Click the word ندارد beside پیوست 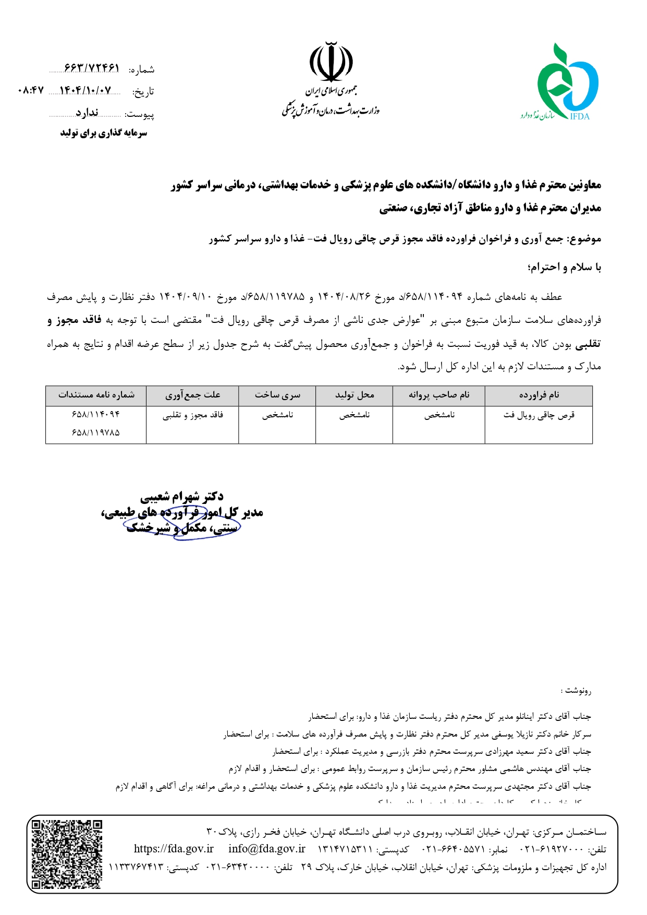tap(87, 113)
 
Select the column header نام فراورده tap(539, 395)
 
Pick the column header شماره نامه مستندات tap(96, 395)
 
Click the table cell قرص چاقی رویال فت tap(539, 415)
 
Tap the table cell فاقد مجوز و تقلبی tap(192, 415)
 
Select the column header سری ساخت tap(277, 395)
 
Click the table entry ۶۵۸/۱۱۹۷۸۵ tap(96, 432)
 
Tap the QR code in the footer tap(67, 854)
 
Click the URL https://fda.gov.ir tap(174, 849)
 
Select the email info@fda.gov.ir tap(266, 849)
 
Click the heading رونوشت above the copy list tap(576, 691)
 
